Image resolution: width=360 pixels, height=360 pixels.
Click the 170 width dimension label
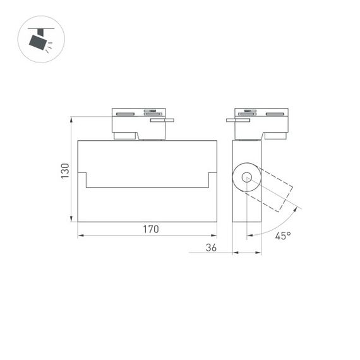[x=149, y=229]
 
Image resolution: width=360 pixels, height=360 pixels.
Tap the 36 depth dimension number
[x=211, y=248]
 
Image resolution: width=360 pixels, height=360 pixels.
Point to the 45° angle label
[x=283, y=236]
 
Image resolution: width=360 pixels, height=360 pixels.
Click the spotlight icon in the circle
[x=42, y=40]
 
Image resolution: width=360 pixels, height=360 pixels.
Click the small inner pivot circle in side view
[x=246, y=179]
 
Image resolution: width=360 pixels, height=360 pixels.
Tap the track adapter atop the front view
[x=139, y=123]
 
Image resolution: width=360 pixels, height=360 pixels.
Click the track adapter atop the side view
[x=259, y=123]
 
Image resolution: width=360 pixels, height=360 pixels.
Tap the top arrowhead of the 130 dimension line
[x=71, y=119]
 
